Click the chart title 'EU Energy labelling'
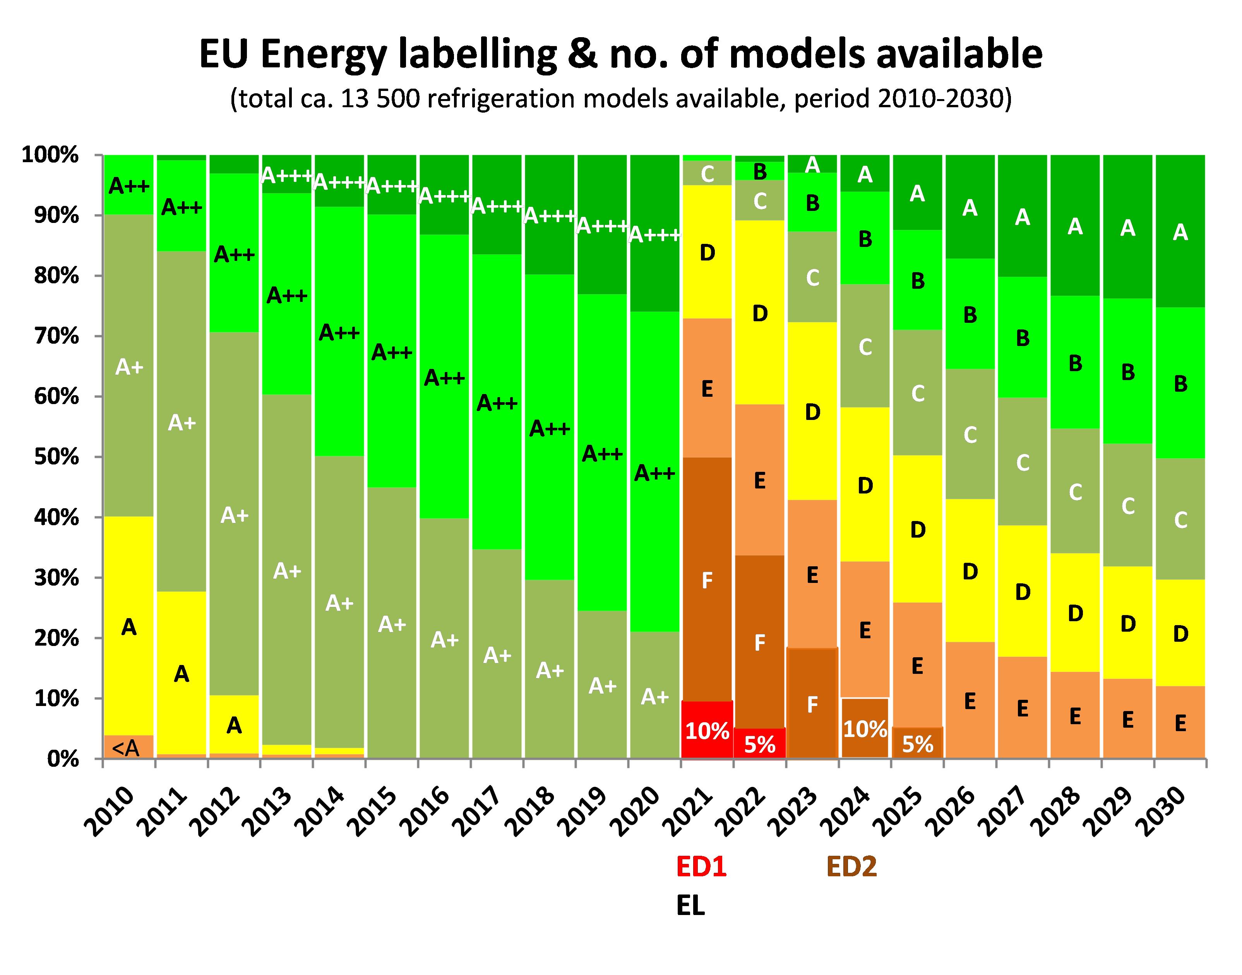[620, 54]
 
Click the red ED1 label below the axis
[701, 867]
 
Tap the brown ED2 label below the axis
[851, 867]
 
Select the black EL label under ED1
[690, 906]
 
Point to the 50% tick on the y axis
[57, 457]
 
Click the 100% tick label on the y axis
[50, 155]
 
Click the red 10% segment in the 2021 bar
[707, 730]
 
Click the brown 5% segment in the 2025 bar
[917, 743]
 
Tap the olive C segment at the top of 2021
[707, 173]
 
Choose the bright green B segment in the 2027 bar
[1022, 338]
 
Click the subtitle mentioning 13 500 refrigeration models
[620, 99]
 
